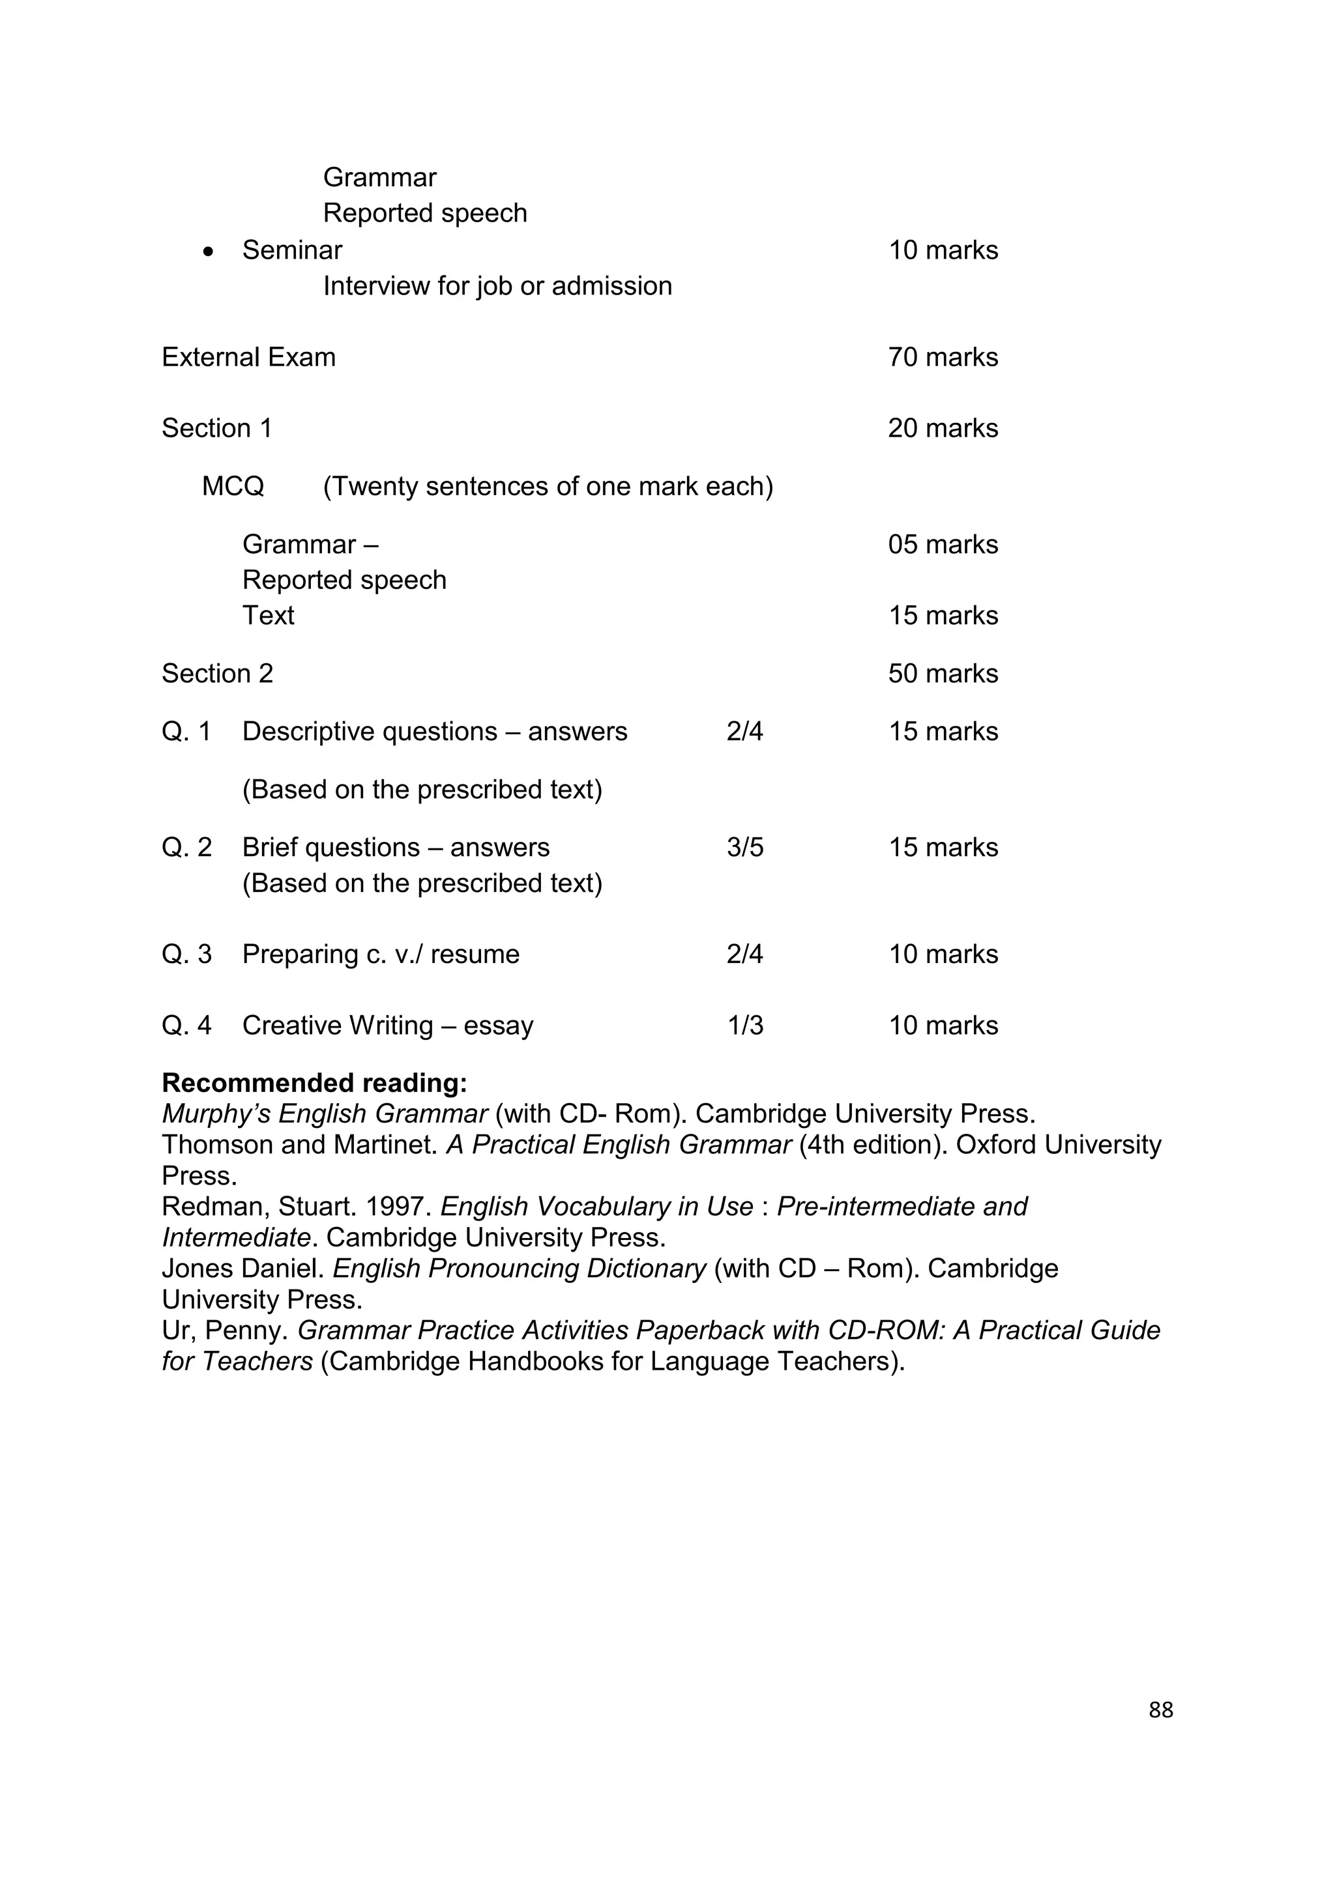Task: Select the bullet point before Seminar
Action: [x=208, y=252]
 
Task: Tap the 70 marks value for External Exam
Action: [x=942, y=358]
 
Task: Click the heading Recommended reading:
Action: [x=314, y=1082]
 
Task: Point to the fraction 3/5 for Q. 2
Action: [x=745, y=847]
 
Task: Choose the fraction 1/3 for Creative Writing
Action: [x=745, y=1025]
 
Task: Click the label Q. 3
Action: [x=186, y=954]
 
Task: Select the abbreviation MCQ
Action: [x=233, y=487]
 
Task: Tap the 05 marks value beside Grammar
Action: [x=942, y=544]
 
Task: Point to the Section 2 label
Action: [x=217, y=673]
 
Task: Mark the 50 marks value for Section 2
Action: [x=942, y=673]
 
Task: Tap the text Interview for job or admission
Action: [x=497, y=286]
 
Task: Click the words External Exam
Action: [x=248, y=358]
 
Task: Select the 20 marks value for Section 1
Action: [x=942, y=428]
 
